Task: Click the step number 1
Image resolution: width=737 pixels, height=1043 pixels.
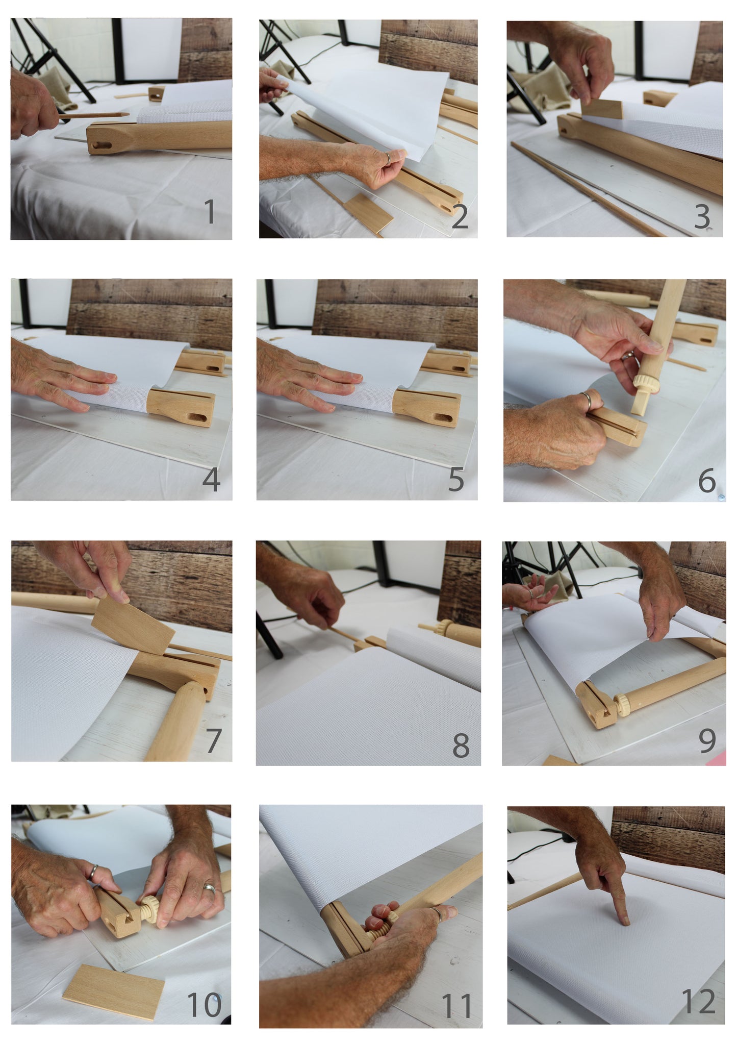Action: click(210, 212)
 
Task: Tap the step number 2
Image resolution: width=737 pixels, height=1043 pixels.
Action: click(460, 216)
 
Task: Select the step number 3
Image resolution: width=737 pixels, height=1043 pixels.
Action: click(702, 217)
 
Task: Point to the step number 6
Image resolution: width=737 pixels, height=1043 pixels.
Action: click(706, 480)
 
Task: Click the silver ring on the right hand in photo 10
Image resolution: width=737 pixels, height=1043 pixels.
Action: click(209, 888)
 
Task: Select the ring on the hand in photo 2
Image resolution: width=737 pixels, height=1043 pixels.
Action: click(388, 158)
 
